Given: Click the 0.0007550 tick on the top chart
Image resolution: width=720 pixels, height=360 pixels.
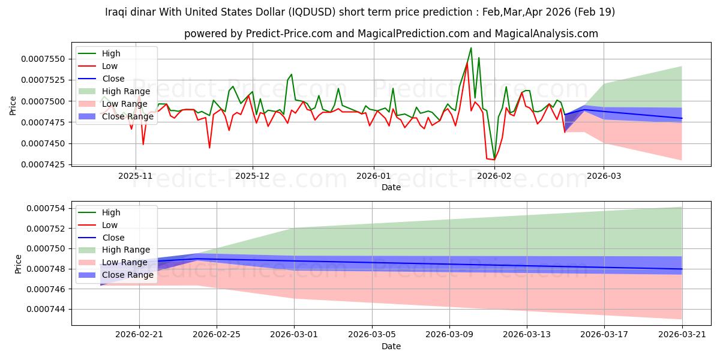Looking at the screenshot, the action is [43, 59].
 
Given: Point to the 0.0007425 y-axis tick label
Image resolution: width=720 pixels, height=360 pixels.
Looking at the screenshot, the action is [43, 164].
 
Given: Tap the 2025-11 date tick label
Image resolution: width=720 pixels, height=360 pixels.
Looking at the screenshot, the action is [136, 176].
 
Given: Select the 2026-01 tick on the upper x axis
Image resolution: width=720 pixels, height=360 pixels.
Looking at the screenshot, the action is [373, 176].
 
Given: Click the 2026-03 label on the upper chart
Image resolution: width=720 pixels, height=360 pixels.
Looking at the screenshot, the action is [604, 176].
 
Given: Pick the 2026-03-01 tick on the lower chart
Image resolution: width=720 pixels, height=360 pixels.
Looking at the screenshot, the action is [294, 335].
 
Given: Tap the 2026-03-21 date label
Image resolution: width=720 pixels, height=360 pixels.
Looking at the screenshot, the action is [682, 335].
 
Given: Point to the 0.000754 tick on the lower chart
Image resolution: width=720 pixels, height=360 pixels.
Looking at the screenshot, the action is [46, 208].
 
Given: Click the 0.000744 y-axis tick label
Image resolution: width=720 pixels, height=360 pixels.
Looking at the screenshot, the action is [46, 309].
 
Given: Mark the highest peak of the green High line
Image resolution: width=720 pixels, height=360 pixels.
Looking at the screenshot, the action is [471, 48].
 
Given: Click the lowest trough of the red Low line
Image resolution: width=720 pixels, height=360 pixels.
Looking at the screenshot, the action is [494, 160].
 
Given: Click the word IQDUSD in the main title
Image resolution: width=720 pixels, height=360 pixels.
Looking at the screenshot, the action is [312, 12].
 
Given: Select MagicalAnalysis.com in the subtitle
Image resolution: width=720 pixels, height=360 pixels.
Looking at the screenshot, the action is [547, 34].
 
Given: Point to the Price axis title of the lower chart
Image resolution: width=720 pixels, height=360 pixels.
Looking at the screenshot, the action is [18, 264].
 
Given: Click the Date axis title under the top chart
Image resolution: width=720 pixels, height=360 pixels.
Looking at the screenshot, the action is [391, 187].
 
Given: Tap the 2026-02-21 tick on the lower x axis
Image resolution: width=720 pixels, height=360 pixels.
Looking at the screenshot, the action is [139, 335].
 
